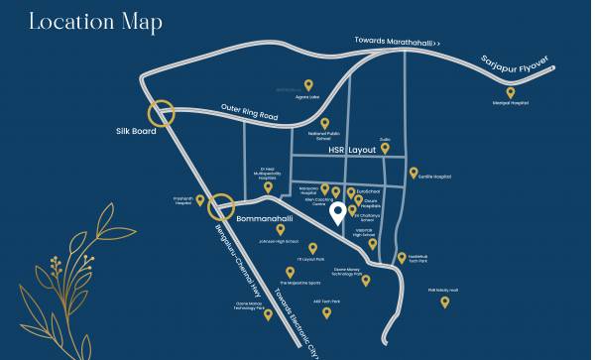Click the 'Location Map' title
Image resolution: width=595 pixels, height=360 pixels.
click(95, 22)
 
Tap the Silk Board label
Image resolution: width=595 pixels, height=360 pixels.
click(136, 131)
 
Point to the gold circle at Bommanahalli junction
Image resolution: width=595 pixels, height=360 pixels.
click(220, 207)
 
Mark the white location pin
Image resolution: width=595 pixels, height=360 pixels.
click(337, 212)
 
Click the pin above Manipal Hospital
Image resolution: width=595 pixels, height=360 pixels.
click(511, 93)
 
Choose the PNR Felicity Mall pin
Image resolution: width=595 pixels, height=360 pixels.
click(445, 300)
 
